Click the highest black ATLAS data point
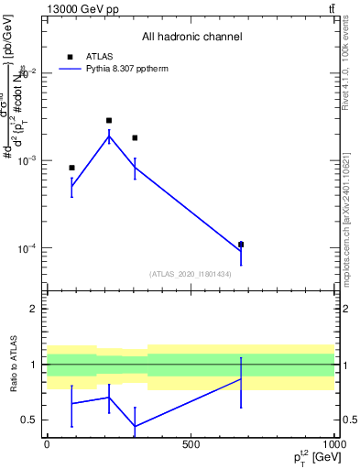coord(109,120)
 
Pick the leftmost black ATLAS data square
coord(71,168)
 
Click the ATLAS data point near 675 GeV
coord(241,245)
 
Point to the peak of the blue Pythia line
coord(109,136)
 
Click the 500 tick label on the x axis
coord(191,444)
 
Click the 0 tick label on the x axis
coord(46,444)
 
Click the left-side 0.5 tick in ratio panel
coord(29,420)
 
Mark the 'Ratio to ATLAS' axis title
coord(12,364)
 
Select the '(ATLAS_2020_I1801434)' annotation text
coord(190,274)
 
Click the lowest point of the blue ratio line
coord(135,426)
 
